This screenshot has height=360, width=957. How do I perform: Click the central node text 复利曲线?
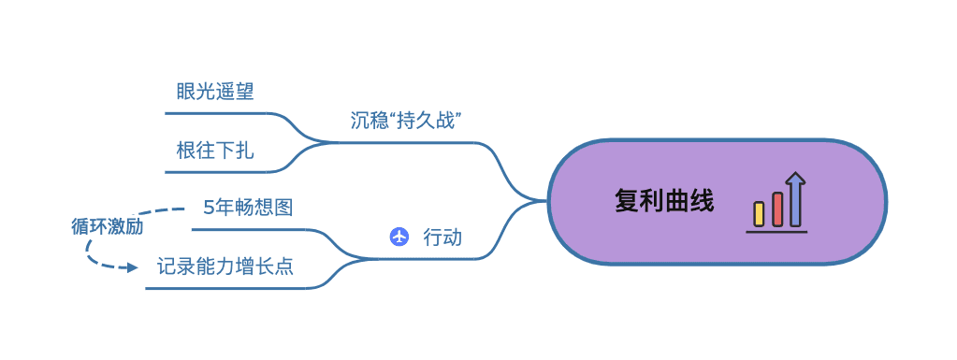click(664, 201)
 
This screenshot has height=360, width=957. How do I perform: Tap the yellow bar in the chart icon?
click(760, 213)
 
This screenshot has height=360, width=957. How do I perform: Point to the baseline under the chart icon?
click(776, 231)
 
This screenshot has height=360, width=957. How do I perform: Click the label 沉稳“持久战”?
click(408, 120)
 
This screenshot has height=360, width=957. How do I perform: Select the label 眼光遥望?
click(215, 92)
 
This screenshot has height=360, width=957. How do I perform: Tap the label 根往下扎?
click(215, 151)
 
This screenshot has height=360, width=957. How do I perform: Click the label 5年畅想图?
click(248, 208)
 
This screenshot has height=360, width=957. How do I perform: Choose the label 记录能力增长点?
click(225, 266)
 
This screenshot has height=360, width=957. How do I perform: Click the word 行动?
click(442, 237)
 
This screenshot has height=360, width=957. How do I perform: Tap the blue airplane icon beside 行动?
click(399, 237)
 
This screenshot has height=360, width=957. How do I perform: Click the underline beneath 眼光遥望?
click(220, 113)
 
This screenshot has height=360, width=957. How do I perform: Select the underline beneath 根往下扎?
click(220, 172)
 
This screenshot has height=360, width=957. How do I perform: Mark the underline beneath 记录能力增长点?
click(225, 288)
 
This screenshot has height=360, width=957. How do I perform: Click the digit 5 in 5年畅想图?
click(209, 208)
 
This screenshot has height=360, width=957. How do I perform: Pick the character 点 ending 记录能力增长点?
click(284, 266)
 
